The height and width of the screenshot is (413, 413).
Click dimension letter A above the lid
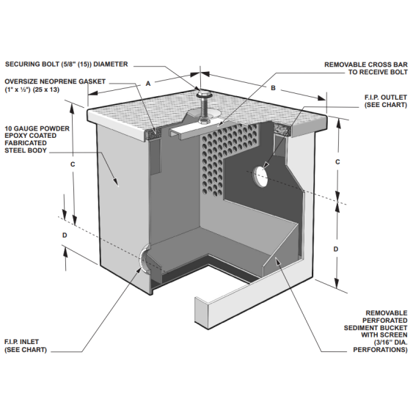click(x=148, y=84)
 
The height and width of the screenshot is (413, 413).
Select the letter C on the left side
click(x=73, y=164)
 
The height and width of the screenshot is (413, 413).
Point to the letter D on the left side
click(x=65, y=235)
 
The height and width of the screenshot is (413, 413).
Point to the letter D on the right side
click(x=336, y=249)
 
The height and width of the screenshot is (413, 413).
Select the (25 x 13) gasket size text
click(x=45, y=89)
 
